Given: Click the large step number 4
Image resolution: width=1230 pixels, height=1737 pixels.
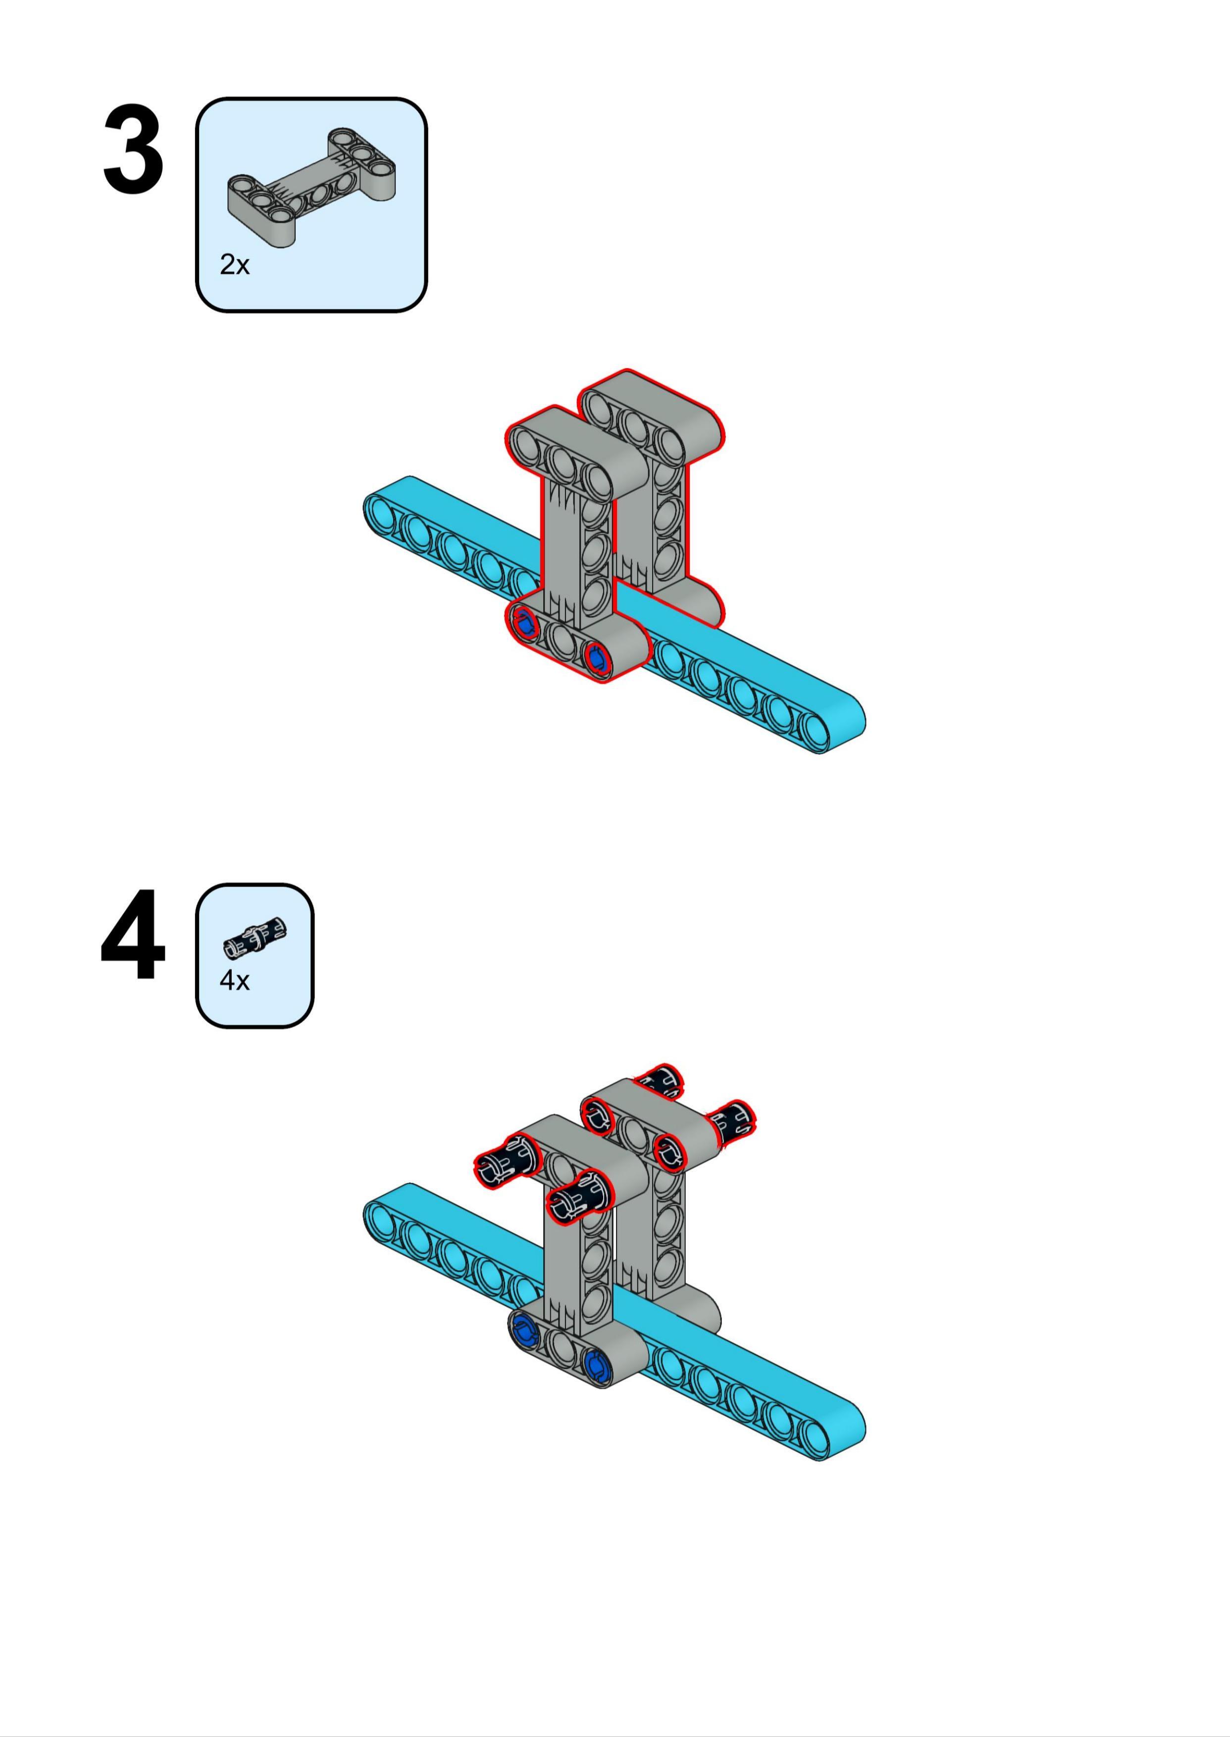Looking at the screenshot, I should (133, 936).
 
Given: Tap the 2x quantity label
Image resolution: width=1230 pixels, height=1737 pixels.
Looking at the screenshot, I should (234, 265).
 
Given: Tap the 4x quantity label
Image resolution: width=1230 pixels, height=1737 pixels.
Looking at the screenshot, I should (234, 981).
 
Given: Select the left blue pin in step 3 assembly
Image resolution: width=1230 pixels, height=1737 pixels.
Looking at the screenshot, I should (524, 625).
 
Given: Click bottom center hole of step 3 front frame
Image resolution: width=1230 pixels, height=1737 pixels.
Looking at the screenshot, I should (561, 642).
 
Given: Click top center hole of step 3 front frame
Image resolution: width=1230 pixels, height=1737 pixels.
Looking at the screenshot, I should (561, 459).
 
